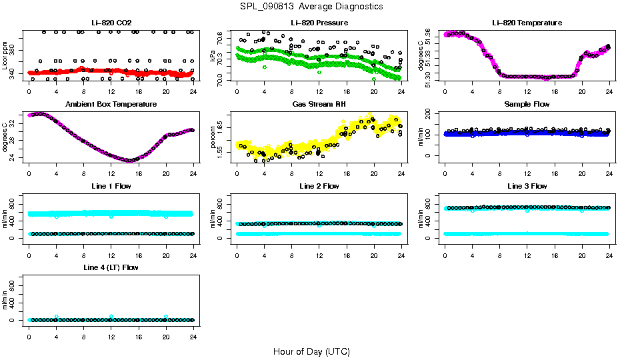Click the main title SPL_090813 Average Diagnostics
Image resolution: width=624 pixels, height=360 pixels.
(x=312, y=6)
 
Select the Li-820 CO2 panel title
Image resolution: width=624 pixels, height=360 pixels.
(x=111, y=23)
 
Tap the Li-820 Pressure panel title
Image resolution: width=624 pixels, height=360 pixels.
(x=319, y=23)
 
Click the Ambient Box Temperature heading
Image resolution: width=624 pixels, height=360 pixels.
(x=111, y=105)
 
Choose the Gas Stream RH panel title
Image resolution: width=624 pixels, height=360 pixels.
(x=319, y=105)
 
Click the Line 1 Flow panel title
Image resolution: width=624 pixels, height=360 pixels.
(x=111, y=186)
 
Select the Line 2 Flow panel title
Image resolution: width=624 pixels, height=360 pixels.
(x=319, y=186)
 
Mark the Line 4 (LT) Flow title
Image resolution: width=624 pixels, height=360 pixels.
(x=111, y=267)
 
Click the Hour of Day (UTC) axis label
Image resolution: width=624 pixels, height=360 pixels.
(x=311, y=351)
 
